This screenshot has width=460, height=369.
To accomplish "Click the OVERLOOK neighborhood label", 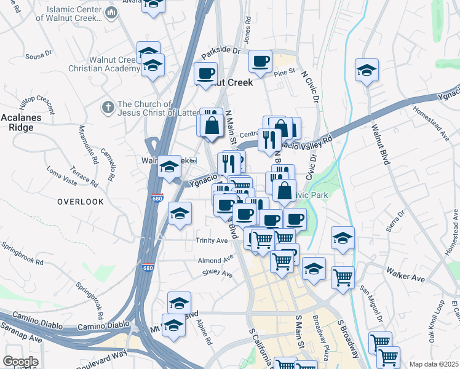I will coord(81,202).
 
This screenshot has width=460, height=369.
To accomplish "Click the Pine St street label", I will coord(285,73).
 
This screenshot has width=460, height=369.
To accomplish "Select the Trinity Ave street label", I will coord(212,240).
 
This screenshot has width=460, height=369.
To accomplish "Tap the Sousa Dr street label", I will coord(39,56).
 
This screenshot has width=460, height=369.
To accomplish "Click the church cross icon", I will coord(108,108).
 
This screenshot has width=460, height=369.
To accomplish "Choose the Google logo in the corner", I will coord(20,362).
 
